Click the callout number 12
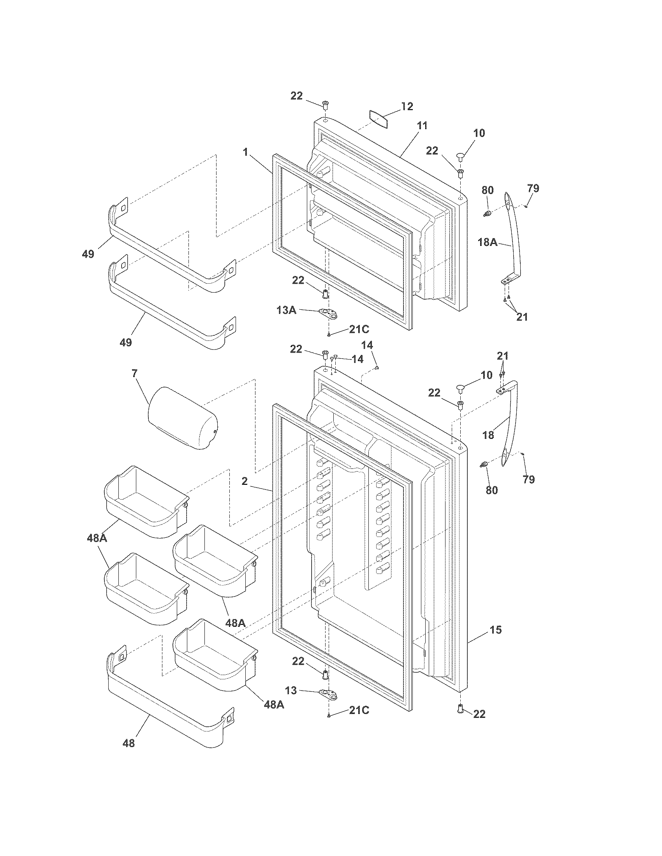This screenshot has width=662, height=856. (407, 106)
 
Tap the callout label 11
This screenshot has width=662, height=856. (422, 126)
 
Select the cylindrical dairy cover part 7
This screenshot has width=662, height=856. (182, 418)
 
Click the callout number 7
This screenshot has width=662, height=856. (134, 374)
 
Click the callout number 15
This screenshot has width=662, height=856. (496, 630)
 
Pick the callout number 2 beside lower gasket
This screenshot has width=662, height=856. (245, 481)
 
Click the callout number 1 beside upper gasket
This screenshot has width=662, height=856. (245, 152)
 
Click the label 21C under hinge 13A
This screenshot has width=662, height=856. (359, 329)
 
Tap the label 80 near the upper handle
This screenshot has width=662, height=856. (488, 190)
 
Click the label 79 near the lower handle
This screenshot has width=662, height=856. (529, 479)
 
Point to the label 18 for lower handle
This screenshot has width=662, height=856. (488, 435)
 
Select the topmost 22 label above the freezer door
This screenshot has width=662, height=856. (296, 95)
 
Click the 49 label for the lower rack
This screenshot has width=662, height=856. (125, 342)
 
